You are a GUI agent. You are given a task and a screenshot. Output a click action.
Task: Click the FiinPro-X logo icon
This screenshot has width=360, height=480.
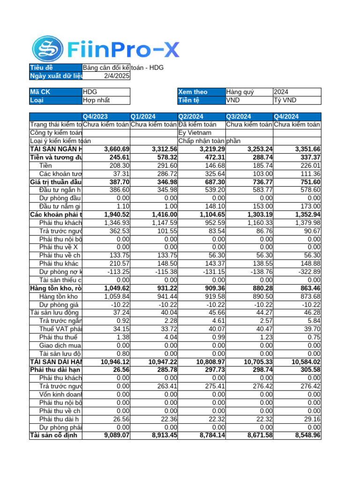47,49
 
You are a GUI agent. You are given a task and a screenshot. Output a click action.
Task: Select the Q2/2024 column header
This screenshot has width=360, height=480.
201,116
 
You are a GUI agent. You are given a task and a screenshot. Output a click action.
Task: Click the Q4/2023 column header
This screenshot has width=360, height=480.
106,116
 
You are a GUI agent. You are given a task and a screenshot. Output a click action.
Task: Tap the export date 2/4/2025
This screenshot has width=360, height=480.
106,76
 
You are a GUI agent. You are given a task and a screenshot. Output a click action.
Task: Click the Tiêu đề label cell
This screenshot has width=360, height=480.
56,68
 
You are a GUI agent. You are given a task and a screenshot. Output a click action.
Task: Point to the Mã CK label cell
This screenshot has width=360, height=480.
56,92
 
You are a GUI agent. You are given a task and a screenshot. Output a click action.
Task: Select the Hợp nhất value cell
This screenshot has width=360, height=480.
106,100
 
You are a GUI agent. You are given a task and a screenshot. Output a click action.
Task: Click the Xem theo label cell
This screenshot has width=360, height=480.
201,92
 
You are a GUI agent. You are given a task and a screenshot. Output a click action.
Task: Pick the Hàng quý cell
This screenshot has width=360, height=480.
248,92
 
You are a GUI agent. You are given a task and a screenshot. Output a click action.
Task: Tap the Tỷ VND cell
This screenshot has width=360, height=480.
297,100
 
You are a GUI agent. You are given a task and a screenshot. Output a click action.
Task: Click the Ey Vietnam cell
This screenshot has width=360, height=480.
201,133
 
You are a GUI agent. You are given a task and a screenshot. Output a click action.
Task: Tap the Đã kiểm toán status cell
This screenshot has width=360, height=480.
201,125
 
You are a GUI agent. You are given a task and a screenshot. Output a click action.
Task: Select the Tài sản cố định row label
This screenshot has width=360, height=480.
56,435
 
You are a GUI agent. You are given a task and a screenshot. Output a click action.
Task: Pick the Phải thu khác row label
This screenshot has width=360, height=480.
59,263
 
